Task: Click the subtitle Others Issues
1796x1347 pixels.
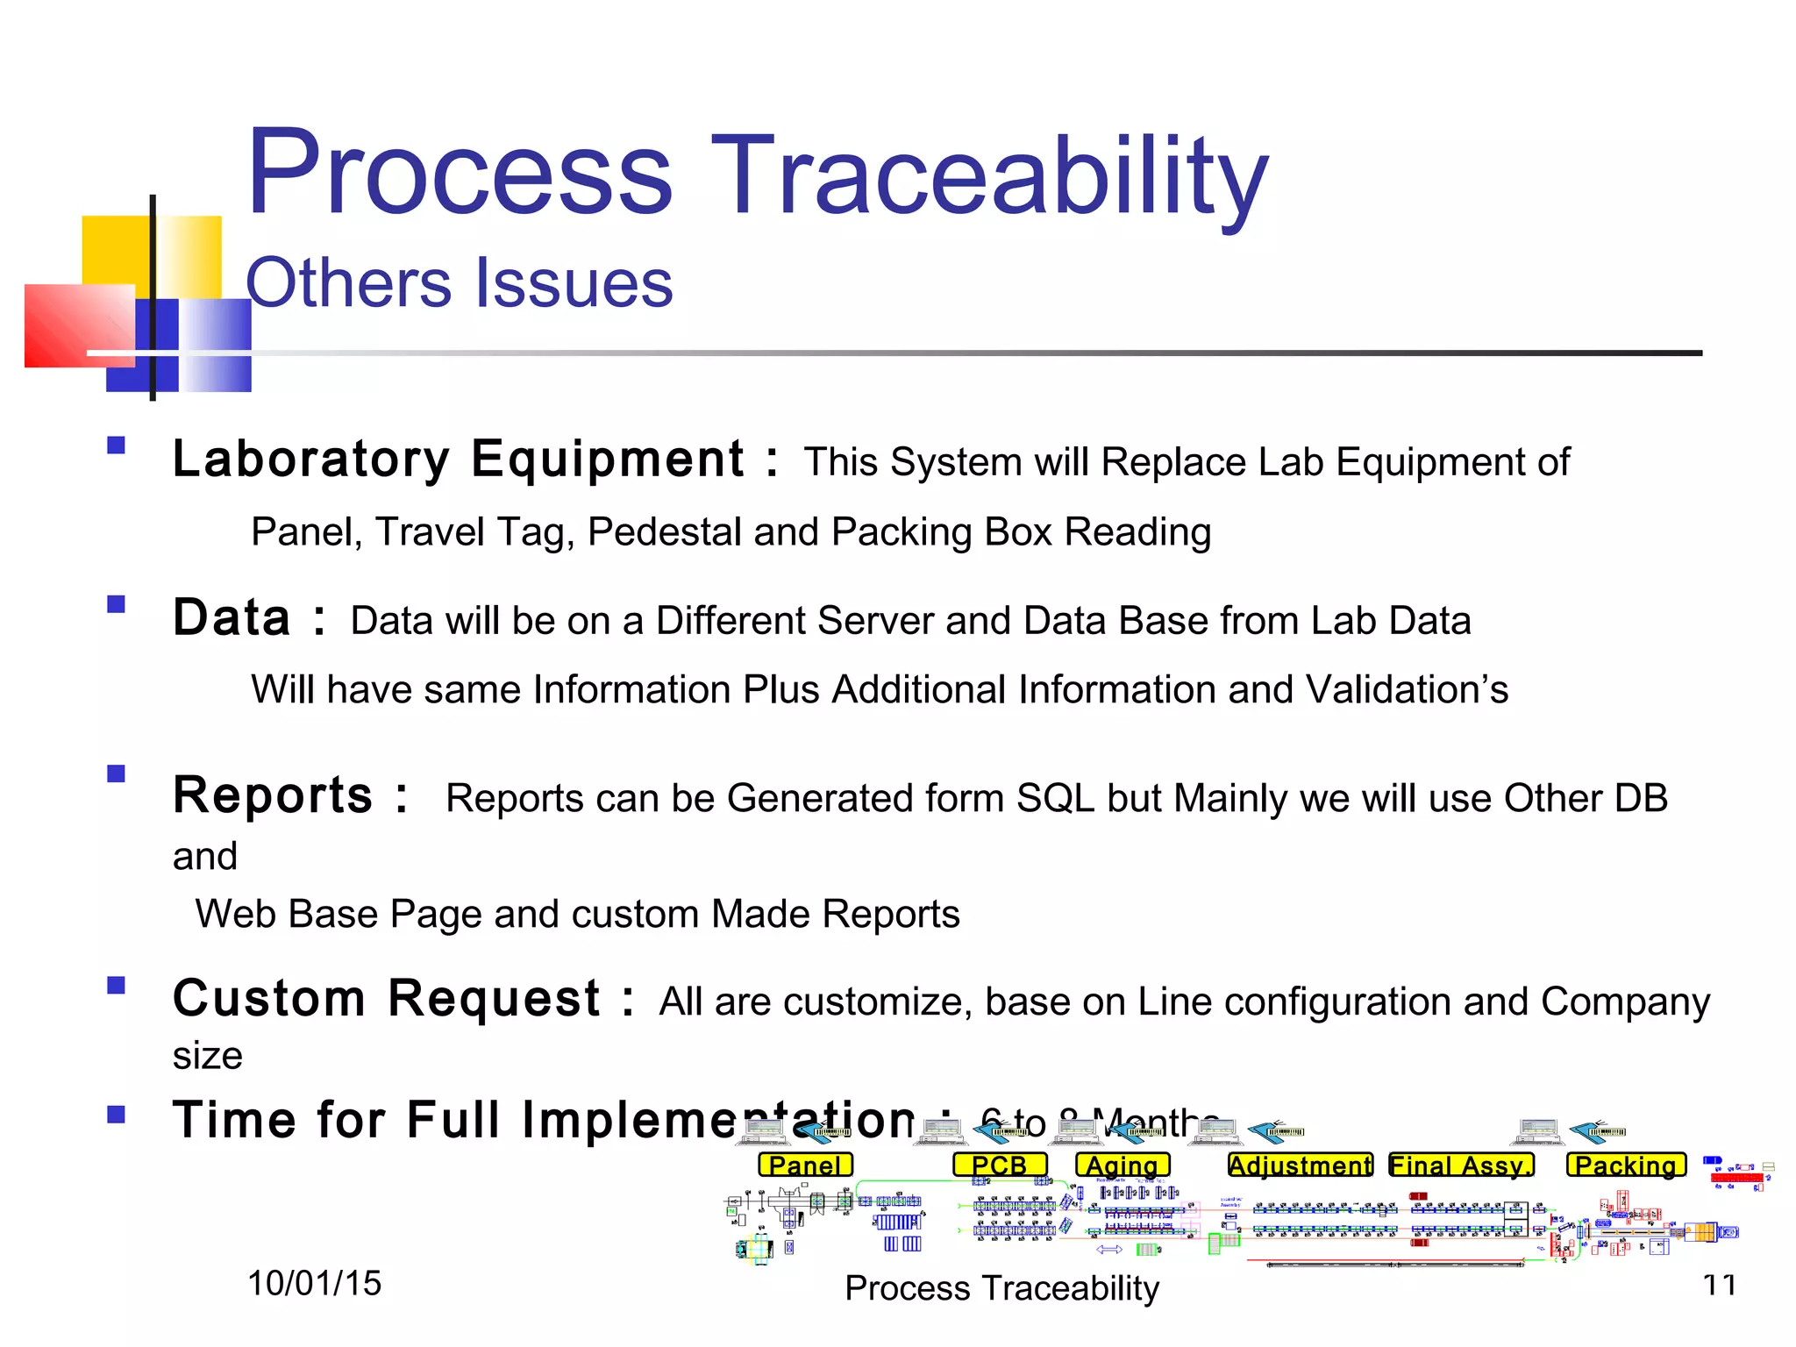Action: click(x=459, y=282)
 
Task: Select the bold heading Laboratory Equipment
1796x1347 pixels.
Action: click(x=458, y=460)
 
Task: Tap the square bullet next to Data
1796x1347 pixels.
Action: click(x=116, y=604)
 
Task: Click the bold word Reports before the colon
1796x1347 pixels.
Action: click(x=273, y=795)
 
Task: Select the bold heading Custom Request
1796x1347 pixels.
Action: click(x=387, y=999)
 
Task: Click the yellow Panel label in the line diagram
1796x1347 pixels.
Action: click(x=805, y=1165)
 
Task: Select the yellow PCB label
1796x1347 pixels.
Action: click(x=1000, y=1165)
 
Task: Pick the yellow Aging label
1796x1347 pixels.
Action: click(x=1122, y=1165)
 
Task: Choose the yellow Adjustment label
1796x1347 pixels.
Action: click(x=1300, y=1165)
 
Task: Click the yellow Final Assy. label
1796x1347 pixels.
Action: click(x=1461, y=1165)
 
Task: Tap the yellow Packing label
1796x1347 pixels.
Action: click(x=1626, y=1165)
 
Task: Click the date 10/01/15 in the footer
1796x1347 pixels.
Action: click(x=314, y=1284)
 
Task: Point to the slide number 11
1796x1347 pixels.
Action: click(x=1719, y=1286)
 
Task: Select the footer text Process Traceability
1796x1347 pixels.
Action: click(x=1001, y=1288)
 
